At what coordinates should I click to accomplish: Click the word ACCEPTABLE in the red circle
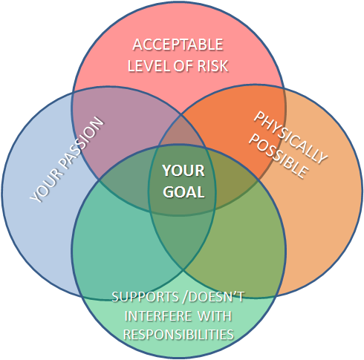178,45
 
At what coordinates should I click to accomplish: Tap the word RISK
212,66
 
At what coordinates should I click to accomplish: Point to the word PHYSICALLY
290,137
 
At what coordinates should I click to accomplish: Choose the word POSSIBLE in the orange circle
279,157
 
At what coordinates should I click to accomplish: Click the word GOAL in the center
183,192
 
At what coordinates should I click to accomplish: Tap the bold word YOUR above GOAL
183,171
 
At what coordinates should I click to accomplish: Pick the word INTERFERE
158,316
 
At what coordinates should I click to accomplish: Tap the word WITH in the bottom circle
215,316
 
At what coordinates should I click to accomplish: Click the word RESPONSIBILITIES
178,335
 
